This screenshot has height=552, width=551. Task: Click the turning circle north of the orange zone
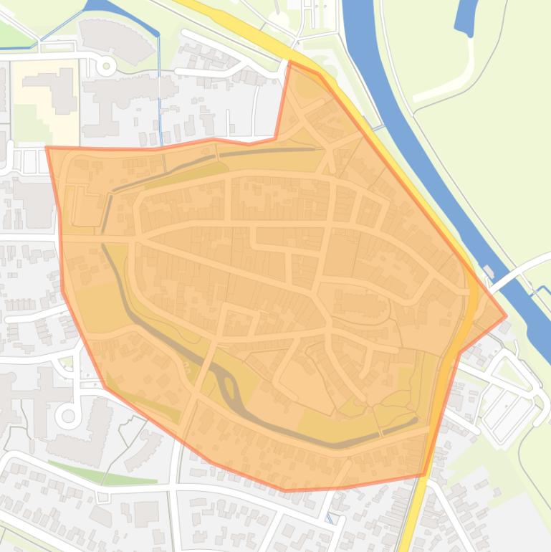coord(107,67)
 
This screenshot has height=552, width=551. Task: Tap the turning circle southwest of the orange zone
coord(69,415)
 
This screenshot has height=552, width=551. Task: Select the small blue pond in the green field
coord(466,17)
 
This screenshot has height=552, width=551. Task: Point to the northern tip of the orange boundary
coord(290,62)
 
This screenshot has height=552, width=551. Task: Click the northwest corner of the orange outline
coord(47,148)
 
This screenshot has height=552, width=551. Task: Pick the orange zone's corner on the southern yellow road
coord(424,474)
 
